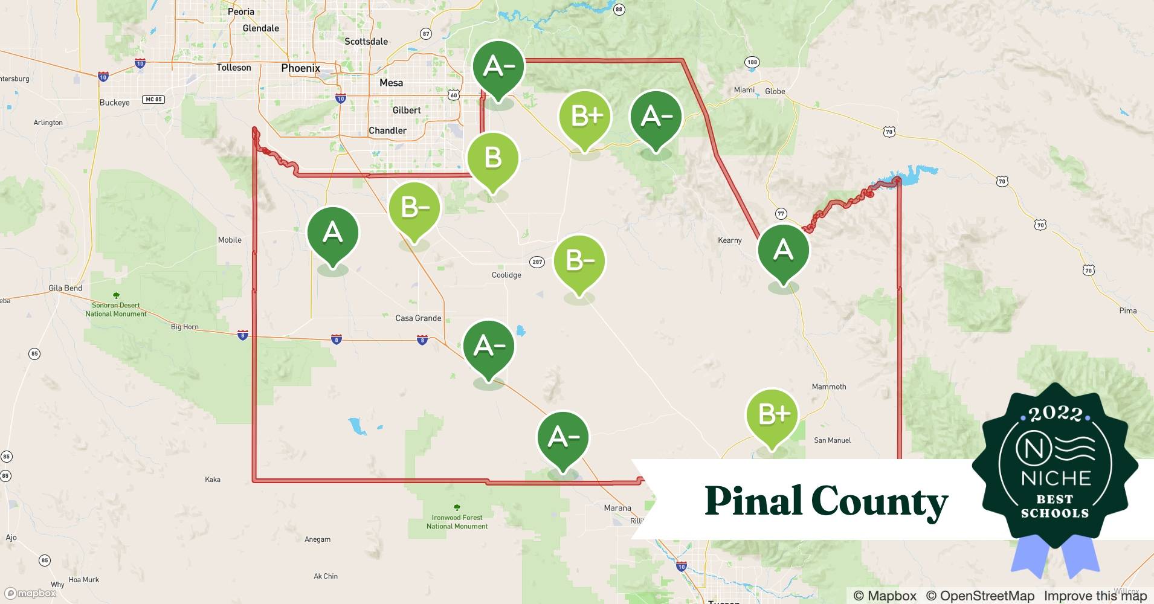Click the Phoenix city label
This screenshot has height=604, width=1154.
[x=300, y=68]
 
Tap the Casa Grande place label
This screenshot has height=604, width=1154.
[x=418, y=318]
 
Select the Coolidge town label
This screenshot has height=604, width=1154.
[x=506, y=275]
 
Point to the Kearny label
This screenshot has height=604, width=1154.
[x=729, y=240]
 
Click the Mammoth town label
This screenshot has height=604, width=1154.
[x=829, y=387]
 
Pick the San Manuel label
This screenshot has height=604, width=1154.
[x=832, y=440]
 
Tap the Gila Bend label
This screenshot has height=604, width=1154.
[x=65, y=288]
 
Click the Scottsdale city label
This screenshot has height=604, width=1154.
[x=366, y=42]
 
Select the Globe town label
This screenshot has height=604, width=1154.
[x=775, y=91]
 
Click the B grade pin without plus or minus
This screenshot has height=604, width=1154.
[x=493, y=159]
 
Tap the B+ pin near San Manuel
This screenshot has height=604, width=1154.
[x=772, y=415]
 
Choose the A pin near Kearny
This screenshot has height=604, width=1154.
[x=783, y=250]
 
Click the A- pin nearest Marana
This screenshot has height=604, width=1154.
[x=563, y=438]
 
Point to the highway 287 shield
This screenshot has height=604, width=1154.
[x=537, y=262]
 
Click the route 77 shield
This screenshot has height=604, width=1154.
[x=781, y=214]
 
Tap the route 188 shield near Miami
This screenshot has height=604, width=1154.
[x=752, y=62]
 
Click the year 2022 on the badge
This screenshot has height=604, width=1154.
[x=1055, y=414]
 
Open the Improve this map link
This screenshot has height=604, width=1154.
[x=1095, y=596]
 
